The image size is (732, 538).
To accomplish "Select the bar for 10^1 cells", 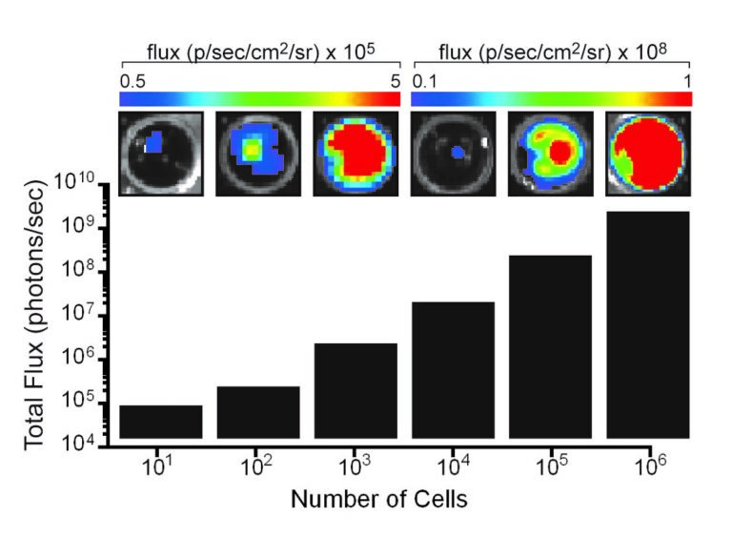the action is click(x=161, y=422).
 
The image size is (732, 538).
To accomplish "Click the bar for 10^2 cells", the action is click(x=258, y=412).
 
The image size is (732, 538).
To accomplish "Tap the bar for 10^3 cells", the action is click(x=356, y=391).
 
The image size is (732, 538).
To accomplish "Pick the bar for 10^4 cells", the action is click(x=453, y=370).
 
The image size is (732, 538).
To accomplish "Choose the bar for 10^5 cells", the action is click(x=550, y=346).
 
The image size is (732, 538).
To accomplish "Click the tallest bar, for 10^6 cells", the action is click(x=648, y=324).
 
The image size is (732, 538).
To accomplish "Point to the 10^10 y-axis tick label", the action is click(x=74, y=181).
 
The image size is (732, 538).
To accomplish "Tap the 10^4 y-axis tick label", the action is click(x=78, y=442).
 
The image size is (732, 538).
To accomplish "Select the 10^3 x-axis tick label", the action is click(x=354, y=466).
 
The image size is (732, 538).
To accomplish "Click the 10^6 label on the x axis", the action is click(x=650, y=466).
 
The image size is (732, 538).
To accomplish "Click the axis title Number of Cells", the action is click(x=379, y=499).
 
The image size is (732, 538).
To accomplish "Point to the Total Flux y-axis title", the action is click(x=34, y=315).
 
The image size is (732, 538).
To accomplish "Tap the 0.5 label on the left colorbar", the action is click(x=132, y=81).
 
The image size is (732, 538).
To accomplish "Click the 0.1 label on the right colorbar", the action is click(x=424, y=81).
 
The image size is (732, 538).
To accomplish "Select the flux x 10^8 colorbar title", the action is click(x=553, y=52).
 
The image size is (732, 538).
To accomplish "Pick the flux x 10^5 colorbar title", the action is click(x=260, y=52).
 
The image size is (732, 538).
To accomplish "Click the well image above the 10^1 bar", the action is click(x=161, y=154).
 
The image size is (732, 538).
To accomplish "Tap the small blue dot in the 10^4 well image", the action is click(x=457, y=153).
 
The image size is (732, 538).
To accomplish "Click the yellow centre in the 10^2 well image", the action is click(x=252, y=150).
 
